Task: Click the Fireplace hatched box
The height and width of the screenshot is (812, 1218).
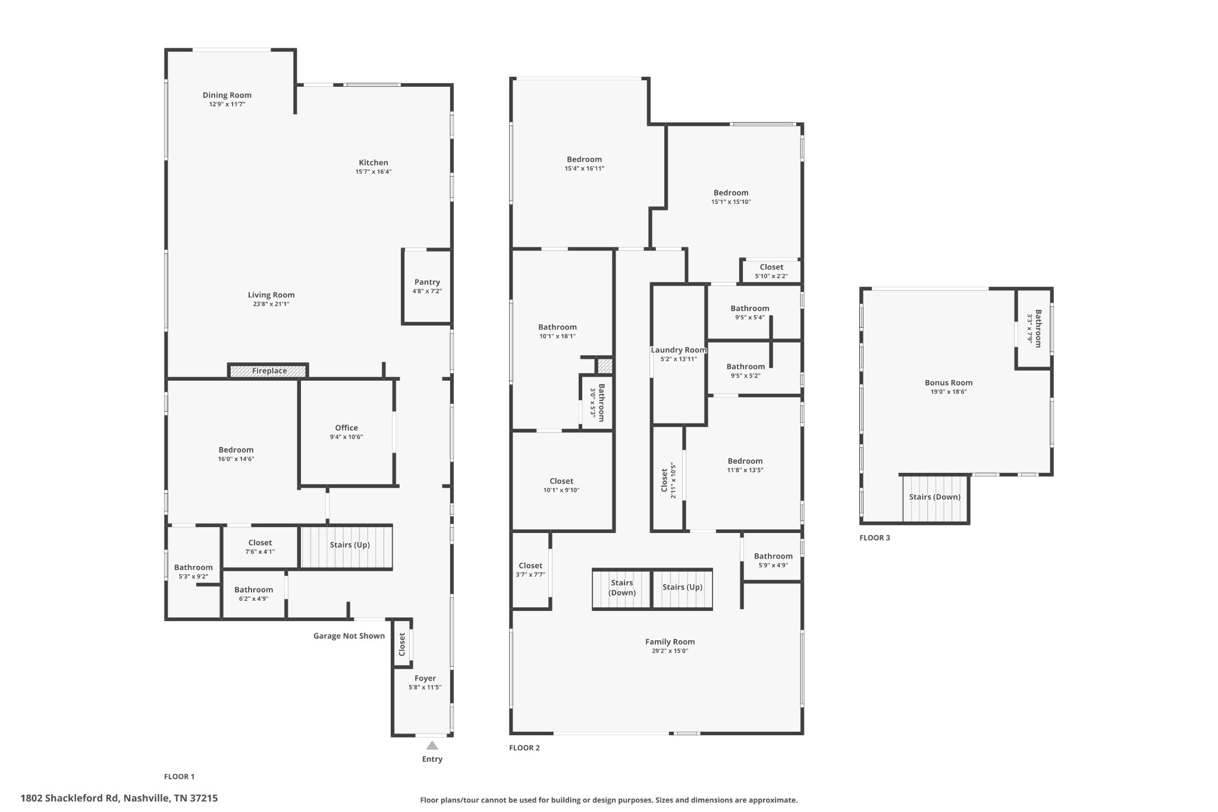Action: [x=269, y=371]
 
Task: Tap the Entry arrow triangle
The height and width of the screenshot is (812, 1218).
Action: [x=432, y=745]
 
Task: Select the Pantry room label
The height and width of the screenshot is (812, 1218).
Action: [x=427, y=282]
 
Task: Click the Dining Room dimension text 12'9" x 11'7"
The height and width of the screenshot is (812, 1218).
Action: [x=227, y=104]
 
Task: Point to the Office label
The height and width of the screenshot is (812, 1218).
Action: [x=347, y=428]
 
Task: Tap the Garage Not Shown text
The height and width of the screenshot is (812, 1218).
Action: [x=349, y=636]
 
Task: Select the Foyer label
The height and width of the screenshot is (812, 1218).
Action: [x=425, y=678]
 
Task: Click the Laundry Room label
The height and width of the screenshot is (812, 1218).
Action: [x=679, y=350]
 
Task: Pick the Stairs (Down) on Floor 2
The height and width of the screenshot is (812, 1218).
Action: [x=622, y=588]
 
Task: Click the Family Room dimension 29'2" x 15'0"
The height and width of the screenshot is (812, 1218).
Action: [x=670, y=651]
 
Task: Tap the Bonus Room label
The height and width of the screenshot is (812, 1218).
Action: [x=949, y=383]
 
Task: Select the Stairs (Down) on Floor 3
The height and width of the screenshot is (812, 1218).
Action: [x=935, y=499]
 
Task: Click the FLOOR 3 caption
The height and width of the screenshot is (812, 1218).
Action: [x=875, y=538]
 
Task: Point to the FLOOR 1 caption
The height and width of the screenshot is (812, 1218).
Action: [x=180, y=776]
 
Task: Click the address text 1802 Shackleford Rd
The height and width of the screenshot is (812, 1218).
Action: [x=71, y=798]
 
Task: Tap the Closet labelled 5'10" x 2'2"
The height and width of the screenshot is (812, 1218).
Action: [x=771, y=271]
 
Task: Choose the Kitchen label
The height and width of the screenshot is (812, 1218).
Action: [x=373, y=162]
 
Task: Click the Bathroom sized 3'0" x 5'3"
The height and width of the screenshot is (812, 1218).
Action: [x=597, y=403]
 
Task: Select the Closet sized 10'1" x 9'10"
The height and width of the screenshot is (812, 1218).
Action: [x=561, y=485]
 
